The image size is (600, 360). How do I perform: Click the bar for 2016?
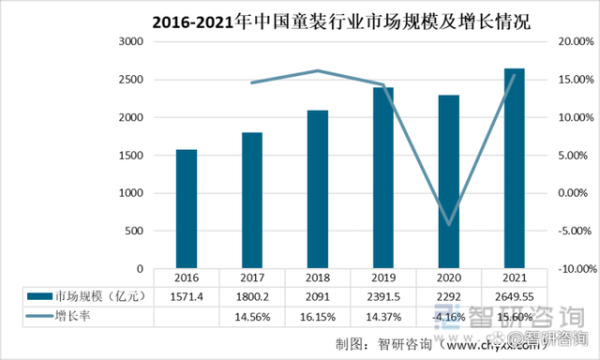coord(186,209)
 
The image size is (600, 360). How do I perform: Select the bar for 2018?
coord(317,189)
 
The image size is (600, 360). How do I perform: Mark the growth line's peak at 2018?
coord(317,70)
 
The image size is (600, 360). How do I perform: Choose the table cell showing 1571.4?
coord(186,297)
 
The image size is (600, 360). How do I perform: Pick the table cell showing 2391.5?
coord(382,297)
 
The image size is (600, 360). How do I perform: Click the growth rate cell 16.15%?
coord(317,316)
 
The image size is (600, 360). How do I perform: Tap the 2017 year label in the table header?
coord(251,279)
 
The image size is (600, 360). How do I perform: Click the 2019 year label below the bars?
coord(382,279)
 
